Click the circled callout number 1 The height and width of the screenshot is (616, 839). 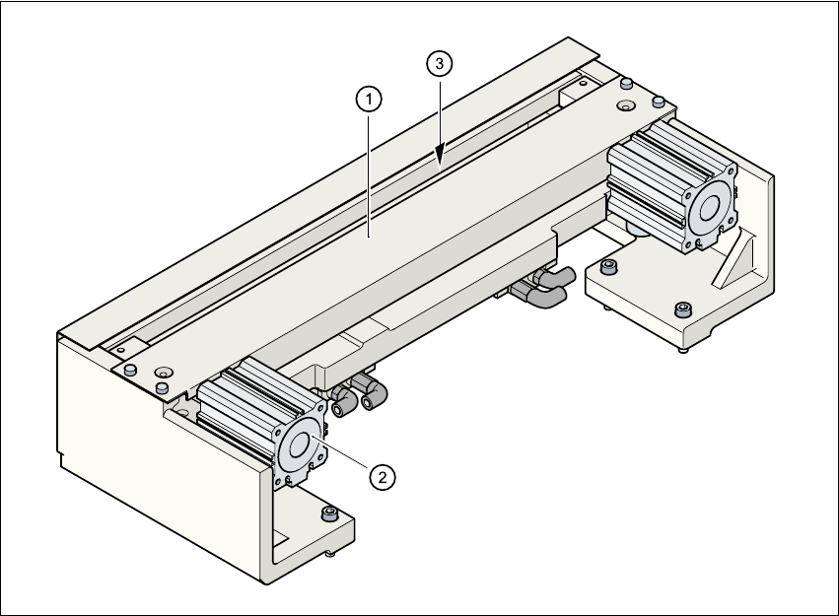coord(368,99)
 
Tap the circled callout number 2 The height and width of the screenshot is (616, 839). coord(383,476)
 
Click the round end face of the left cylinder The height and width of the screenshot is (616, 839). coord(299,447)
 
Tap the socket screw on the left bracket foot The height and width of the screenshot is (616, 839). coord(328,514)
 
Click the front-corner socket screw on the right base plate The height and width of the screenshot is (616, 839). coord(681,311)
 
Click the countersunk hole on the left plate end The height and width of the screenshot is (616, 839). coord(162,372)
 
